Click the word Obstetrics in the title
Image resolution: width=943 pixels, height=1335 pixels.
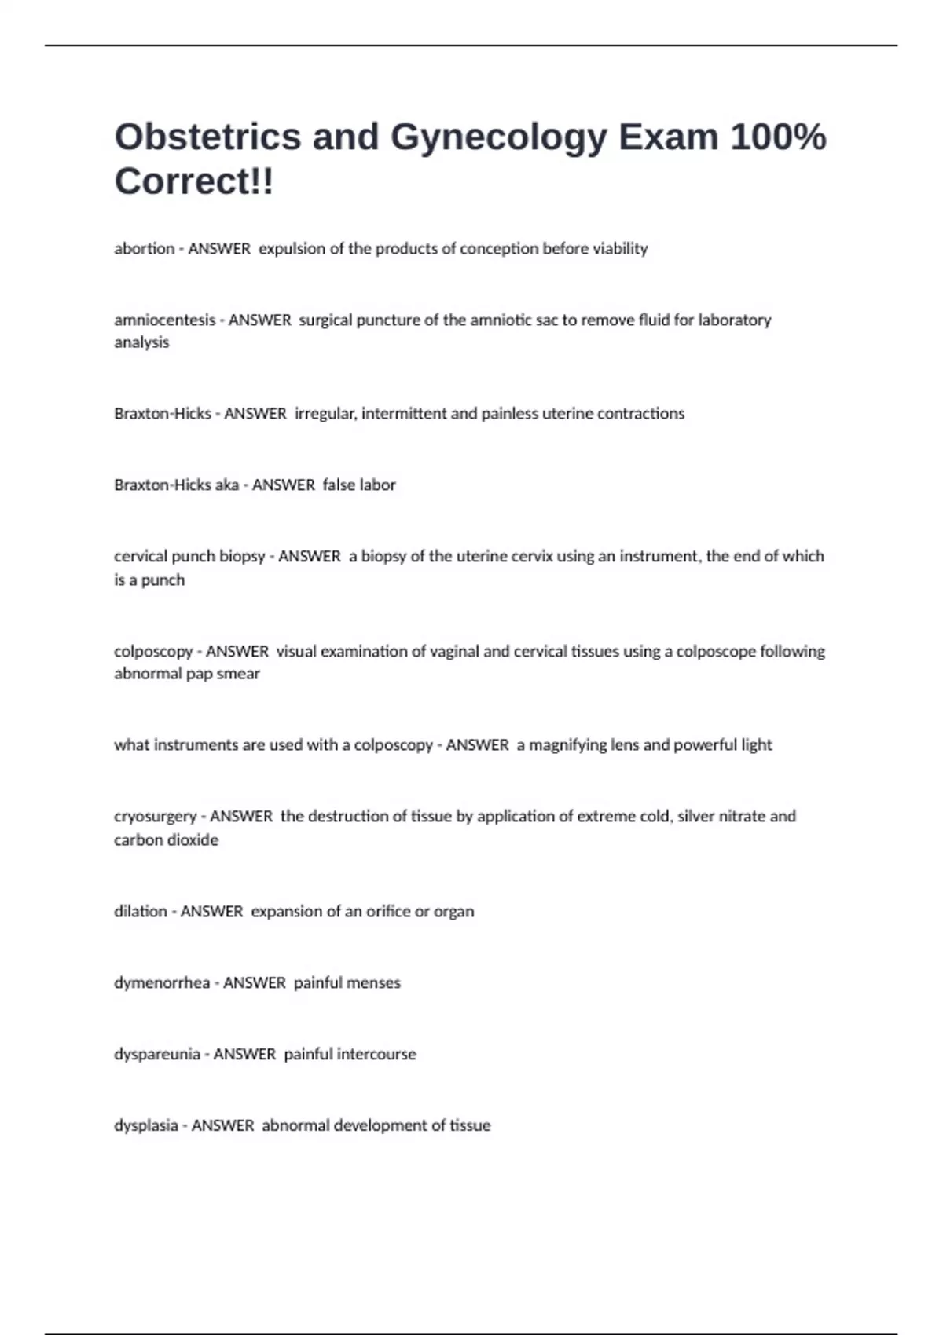(x=207, y=137)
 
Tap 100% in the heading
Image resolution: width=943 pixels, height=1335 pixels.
(x=778, y=137)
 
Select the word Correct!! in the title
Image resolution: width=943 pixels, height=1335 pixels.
(x=194, y=181)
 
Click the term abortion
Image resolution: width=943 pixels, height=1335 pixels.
(x=145, y=249)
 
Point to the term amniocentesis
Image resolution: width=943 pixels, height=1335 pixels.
(x=164, y=320)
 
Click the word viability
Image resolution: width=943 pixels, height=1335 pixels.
(x=620, y=249)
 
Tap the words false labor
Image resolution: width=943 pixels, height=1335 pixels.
(x=359, y=485)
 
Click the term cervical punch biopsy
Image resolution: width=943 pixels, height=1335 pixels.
(x=189, y=557)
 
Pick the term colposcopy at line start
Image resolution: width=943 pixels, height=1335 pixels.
(x=153, y=652)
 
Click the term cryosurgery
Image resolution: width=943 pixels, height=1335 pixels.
(x=155, y=817)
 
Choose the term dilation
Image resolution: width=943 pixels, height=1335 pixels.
(x=141, y=912)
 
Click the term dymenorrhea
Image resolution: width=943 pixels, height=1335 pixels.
(x=162, y=983)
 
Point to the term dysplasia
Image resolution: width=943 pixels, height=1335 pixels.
(x=146, y=1126)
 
